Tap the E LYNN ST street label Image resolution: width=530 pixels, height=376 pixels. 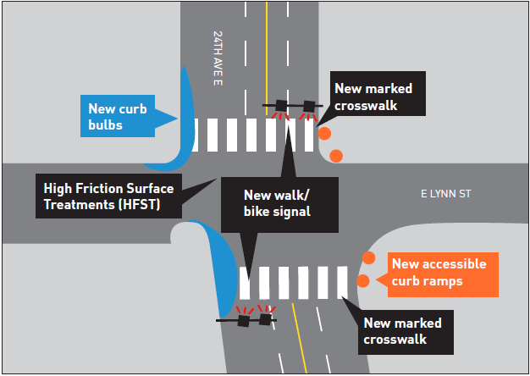446,194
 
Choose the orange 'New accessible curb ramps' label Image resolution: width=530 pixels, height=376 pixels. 438,273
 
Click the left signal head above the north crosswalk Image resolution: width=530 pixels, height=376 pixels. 279,106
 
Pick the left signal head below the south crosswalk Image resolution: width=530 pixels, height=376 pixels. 245,320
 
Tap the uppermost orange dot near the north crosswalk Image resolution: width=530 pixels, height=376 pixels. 323,134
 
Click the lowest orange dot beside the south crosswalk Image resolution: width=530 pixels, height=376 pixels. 363,280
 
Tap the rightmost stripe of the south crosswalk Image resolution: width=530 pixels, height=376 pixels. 343,282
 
